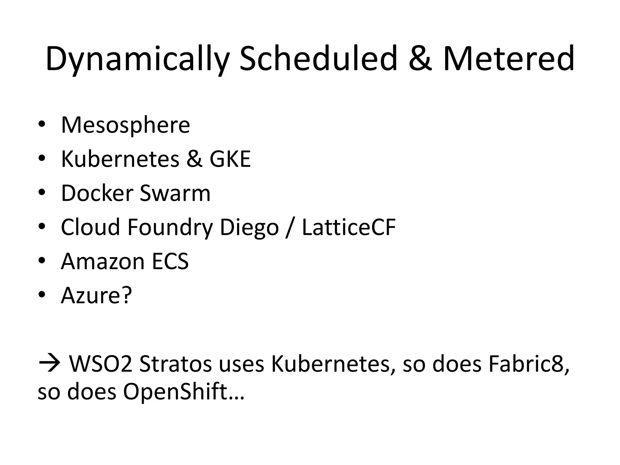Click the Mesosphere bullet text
click(x=125, y=125)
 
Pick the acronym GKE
click(x=230, y=159)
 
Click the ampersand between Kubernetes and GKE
click(x=194, y=159)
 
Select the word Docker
click(x=97, y=193)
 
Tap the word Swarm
click(x=175, y=193)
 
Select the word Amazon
click(x=103, y=261)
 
